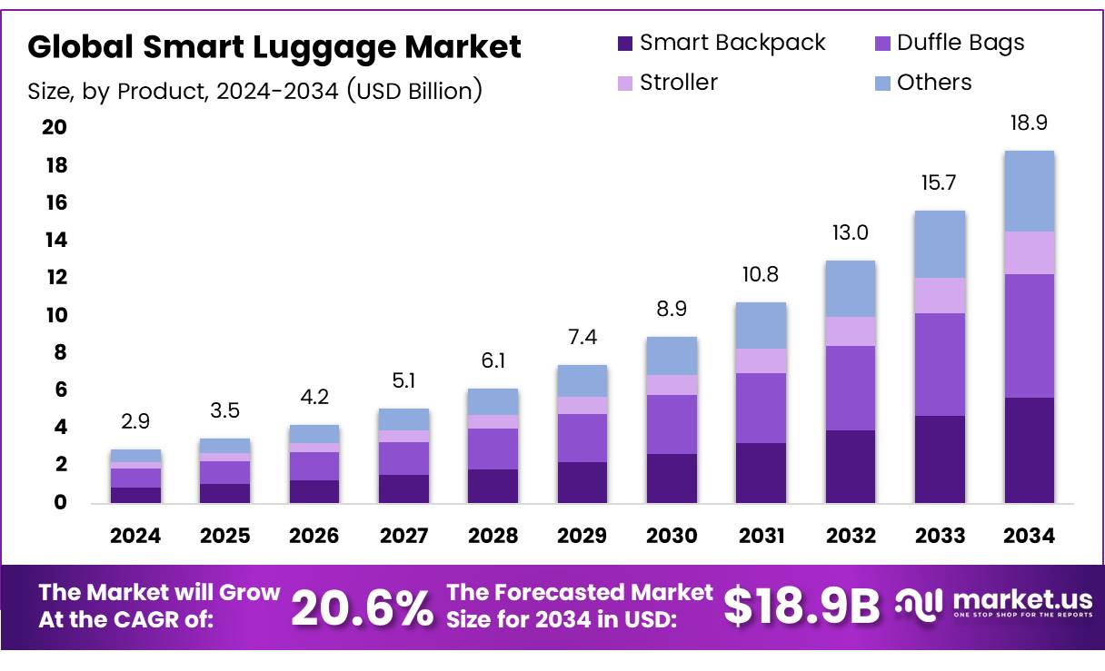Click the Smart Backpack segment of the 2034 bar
click(x=1029, y=449)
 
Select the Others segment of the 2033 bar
click(x=940, y=244)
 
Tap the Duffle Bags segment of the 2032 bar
click(x=850, y=388)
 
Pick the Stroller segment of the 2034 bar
click(x=1029, y=252)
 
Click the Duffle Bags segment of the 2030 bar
click(x=672, y=424)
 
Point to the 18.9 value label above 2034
click(x=1029, y=123)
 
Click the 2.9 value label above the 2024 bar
click(x=135, y=422)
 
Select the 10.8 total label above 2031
click(x=760, y=274)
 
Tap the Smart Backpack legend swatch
click(x=624, y=44)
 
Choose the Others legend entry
click(x=934, y=83)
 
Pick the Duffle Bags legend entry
click(x=960, y=43)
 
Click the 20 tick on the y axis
click(x=55, y=127)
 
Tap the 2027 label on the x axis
click(x=403, y=536)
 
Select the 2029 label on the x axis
click(x=582, y=536)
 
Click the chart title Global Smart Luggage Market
click(x=274, y=47)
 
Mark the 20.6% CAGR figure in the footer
click(x=363, y=607)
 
